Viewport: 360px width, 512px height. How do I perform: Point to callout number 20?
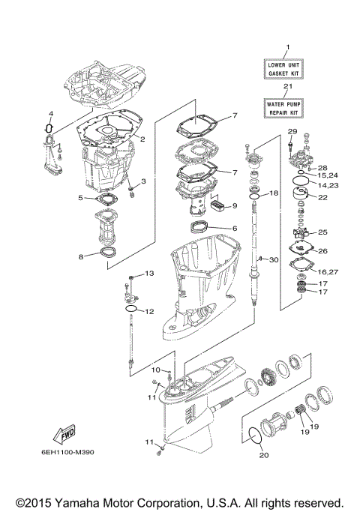point(262,454)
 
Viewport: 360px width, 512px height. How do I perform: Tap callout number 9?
point(234,205)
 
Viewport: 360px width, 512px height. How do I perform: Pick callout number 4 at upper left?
point(51,113)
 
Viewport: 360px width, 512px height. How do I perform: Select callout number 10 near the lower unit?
point(157,370)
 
